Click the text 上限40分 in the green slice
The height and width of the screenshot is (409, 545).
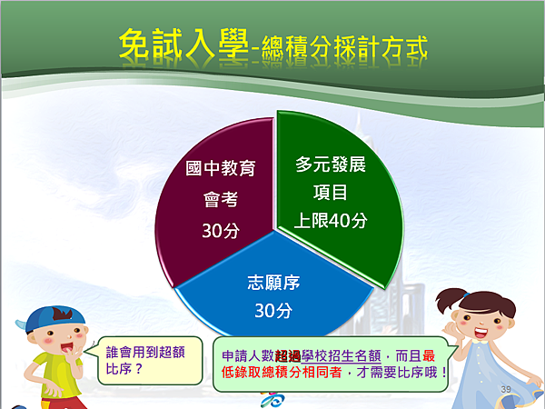[x=331, y=221]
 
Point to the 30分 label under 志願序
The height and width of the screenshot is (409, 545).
[x=273, y=310]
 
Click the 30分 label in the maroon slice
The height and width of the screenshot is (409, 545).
[x=221, y=231]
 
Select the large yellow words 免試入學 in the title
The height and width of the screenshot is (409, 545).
[x=183, y=44]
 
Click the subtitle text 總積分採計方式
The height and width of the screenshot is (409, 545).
[x=344, y=47]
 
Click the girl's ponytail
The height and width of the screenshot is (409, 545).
[x=449, y=300]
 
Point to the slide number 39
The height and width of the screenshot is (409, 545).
[x=506, y=389]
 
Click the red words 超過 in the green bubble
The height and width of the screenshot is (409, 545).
[x=287, y=356]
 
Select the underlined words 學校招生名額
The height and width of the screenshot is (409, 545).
[x=341, y=356]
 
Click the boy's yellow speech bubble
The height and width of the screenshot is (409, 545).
[x=150, y=361]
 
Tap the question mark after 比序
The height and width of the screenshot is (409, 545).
[x=138, y=369]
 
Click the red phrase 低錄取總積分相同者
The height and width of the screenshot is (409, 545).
[x=282, y=373]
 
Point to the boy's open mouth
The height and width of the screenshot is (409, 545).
[x=67, y=348]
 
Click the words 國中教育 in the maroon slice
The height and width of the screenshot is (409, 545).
[x=221, y=168]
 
